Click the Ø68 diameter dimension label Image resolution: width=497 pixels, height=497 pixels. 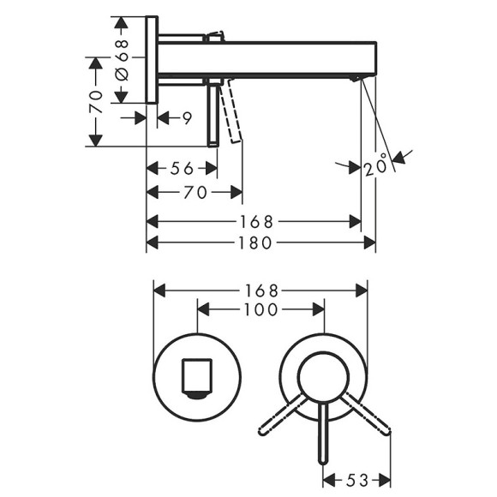pyautogui.click(x=122, y=58)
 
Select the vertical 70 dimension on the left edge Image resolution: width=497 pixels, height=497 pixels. pyautogui.click(x=97, y=100)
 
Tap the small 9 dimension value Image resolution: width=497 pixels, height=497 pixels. pyautogui.click(x=186, y=119)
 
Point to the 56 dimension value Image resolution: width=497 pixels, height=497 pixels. pyautogui.click(x=181, y=168)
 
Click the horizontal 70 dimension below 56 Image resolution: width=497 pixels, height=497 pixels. pyautogui.click(x=196, y=193)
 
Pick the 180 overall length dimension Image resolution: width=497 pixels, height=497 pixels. pyautogui.click(x=255, y=243)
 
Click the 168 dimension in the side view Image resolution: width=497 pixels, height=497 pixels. pyautogui.click(x=255, y=221)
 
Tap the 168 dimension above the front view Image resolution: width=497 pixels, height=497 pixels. pyautogui.click(x=260, y=289)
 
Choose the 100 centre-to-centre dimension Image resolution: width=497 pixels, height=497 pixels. pyautogui.click(x=261, y=309)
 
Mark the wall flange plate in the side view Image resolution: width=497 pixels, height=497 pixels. pyautogui.click(x=153, y=60)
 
